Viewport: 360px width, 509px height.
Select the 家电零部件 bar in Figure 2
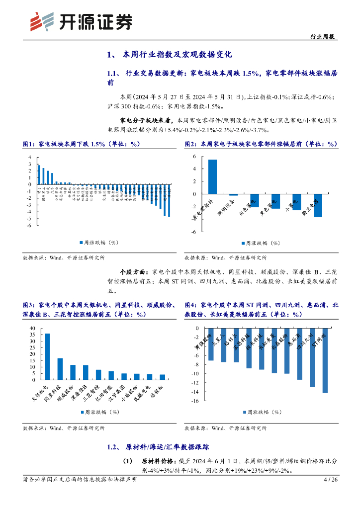pos(212,176)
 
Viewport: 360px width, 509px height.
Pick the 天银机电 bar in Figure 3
pos(47,356)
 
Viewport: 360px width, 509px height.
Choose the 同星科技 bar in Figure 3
pos(60,369)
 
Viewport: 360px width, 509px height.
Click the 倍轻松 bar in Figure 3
pos(162,377)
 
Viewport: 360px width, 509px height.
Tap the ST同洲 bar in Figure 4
pos(325,360)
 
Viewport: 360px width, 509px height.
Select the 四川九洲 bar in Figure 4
pos(312,357)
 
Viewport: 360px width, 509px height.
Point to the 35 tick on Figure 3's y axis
pos(32,335)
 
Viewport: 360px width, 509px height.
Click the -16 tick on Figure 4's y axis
pos(195,401)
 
